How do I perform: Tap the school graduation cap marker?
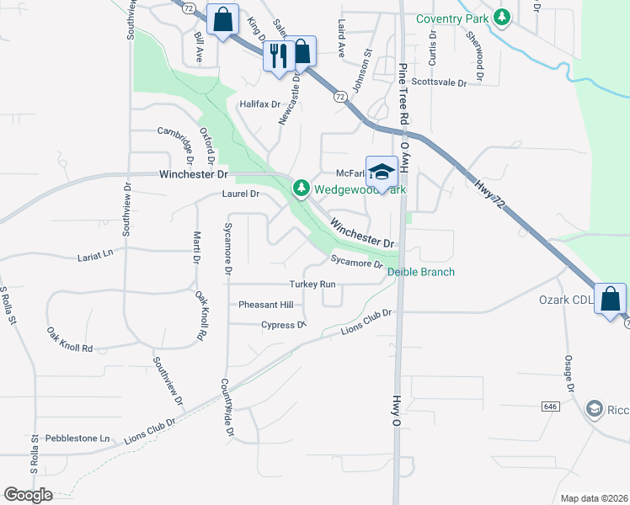pyautogui.click(x=382, y=172)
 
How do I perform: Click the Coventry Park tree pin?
pyautogui.click(x=502, y=17)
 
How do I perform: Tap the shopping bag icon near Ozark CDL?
pyautogui.click(x=609, y=299)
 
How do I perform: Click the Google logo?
pyautogui.click(x=28, y=495)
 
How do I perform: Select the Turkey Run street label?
pyautogui.click(x=312, y=284)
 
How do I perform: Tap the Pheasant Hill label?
pyautogui.click(x=265, y=305)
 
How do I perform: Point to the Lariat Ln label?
pyautogui.click(x=95, y=253)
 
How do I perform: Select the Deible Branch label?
pyautogui.click(x=421, y=272)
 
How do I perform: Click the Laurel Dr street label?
pyautogui.click(x=241, y=194)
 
